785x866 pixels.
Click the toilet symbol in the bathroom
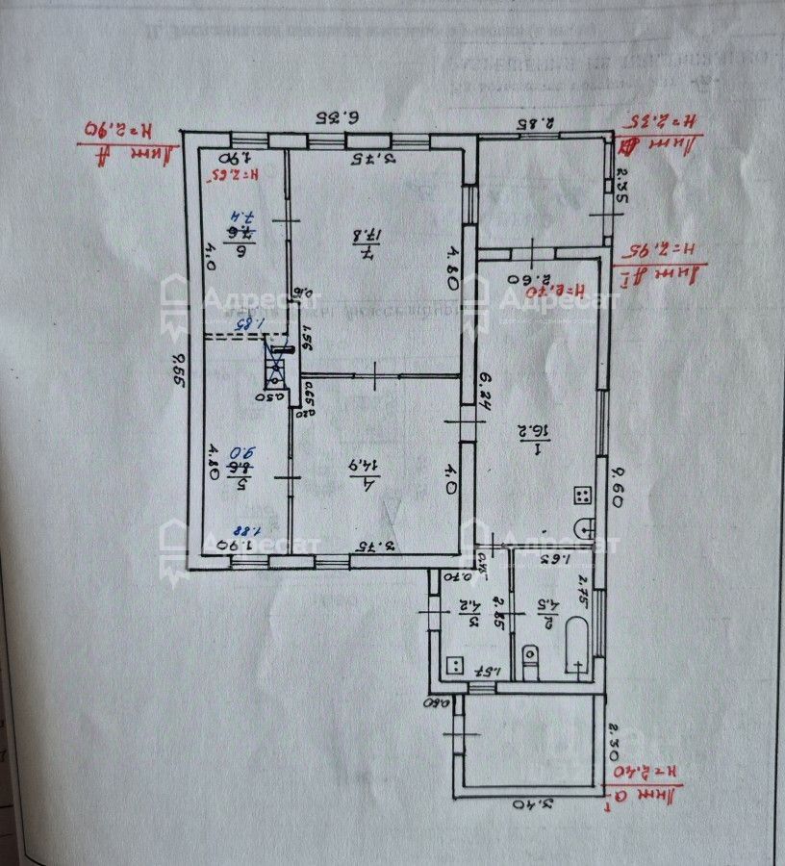click(528, 657)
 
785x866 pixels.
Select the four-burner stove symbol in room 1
click(583, 496)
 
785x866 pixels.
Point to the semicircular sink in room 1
click(584, 527)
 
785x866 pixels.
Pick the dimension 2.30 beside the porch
click(617, 742)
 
